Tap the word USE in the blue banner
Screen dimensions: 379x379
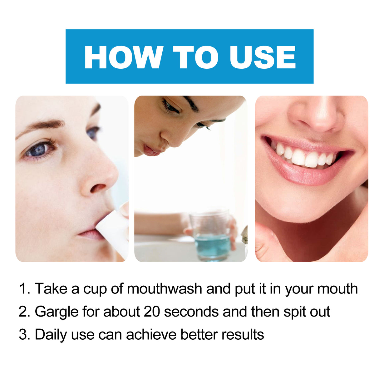point(262,57)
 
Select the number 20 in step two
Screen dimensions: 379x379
point(152,312)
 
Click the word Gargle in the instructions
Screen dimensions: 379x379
point(57,312)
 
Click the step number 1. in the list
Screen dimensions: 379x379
point(25,288)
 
